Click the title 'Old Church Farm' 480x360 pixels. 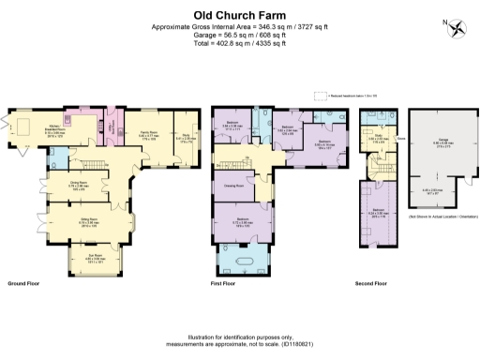click(x=240, y=15)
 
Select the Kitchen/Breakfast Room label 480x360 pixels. click(x=55, y=130)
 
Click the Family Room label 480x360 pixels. click(x=151, y=138)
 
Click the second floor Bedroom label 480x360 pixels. click(x=377, y=210)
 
